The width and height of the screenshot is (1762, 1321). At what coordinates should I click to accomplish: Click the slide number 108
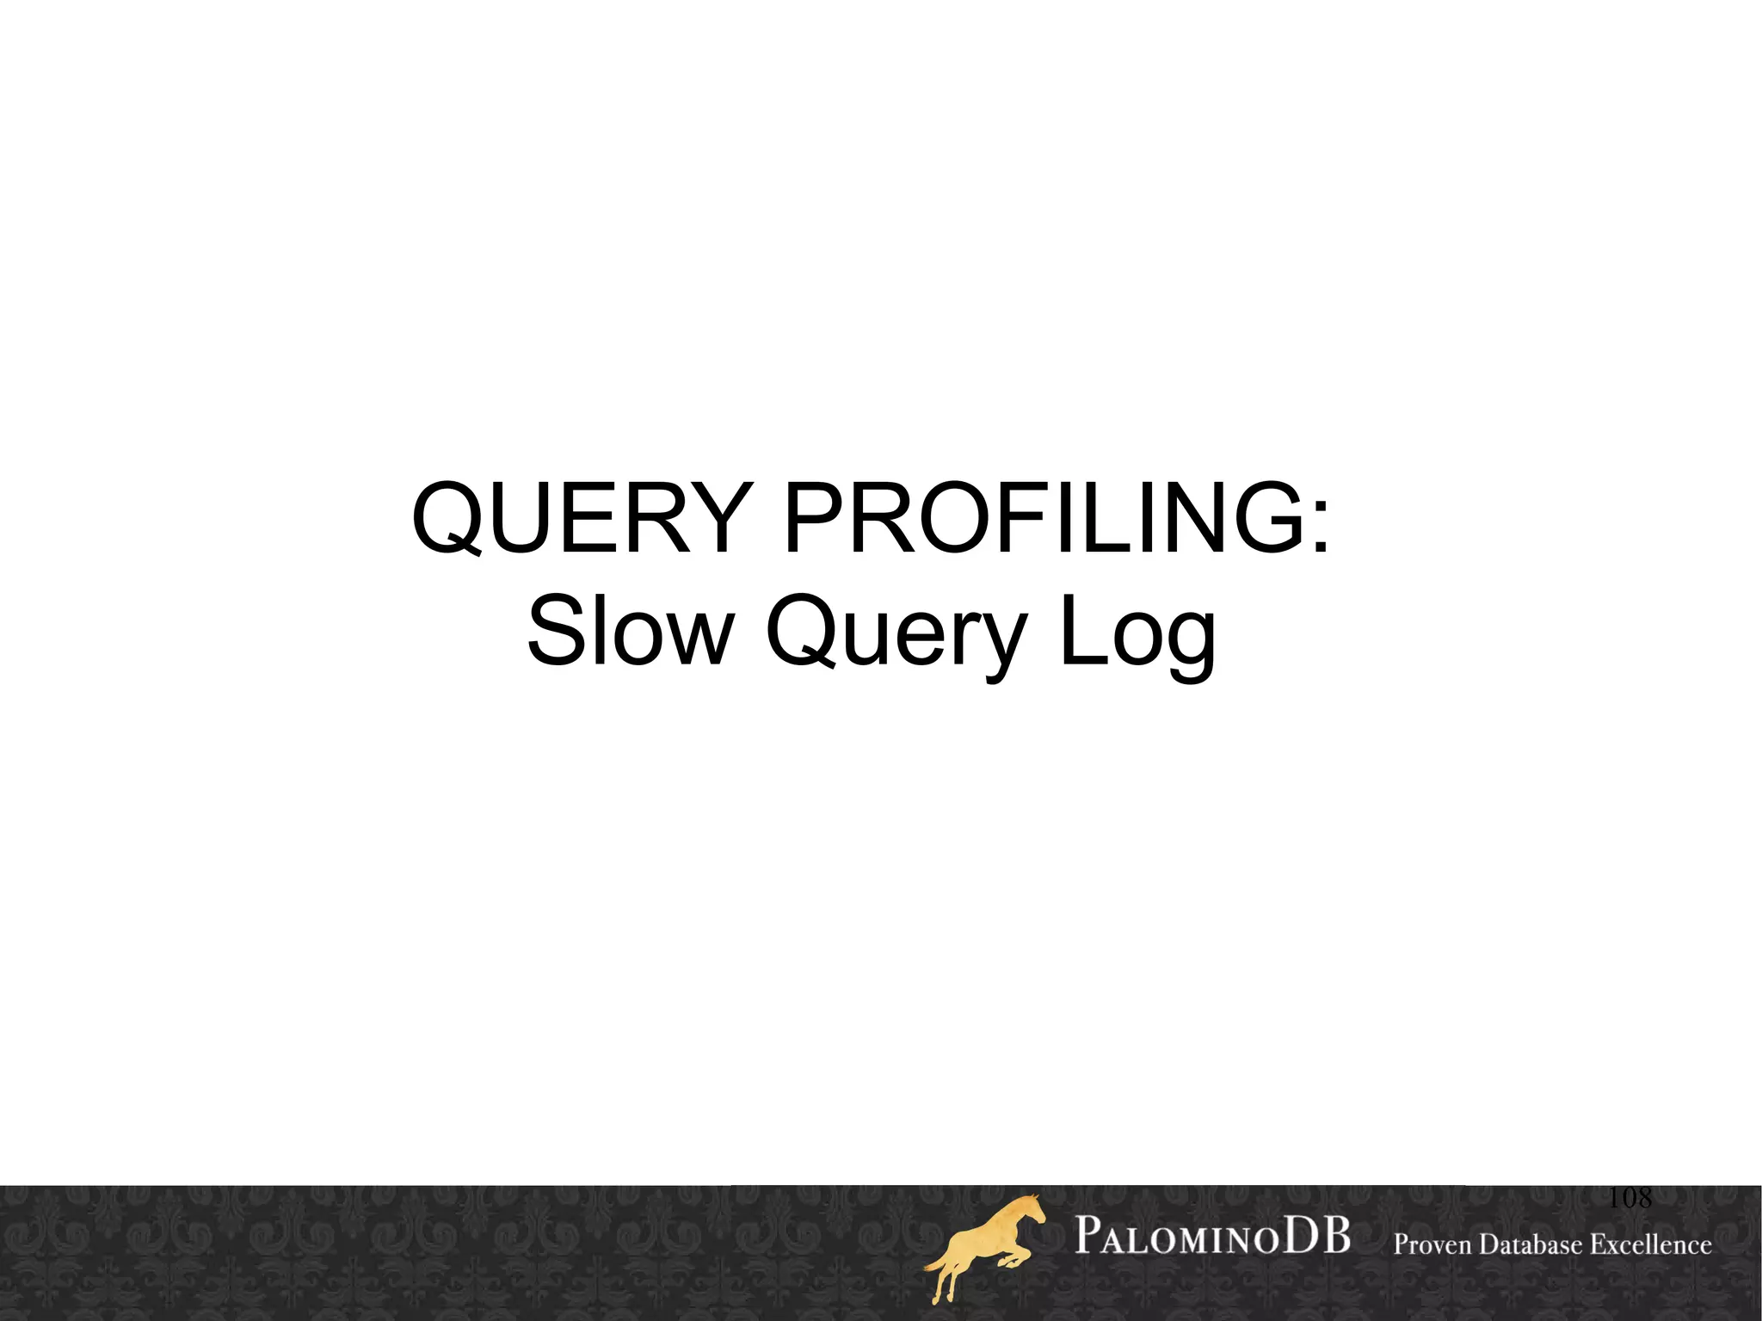coord(1630,1198)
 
